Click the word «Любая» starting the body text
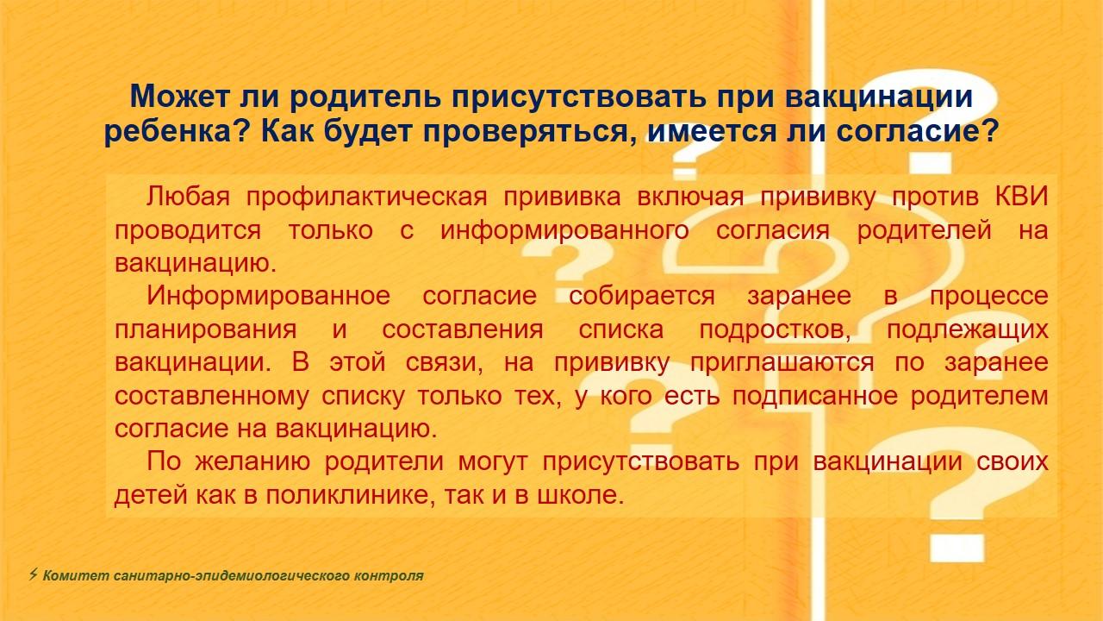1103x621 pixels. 188,197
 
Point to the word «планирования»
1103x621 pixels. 206,330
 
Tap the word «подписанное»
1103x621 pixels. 815,396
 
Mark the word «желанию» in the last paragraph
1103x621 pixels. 252,462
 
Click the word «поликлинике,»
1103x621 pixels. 351,495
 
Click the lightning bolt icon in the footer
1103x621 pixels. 33,574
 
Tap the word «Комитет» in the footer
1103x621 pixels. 76,575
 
